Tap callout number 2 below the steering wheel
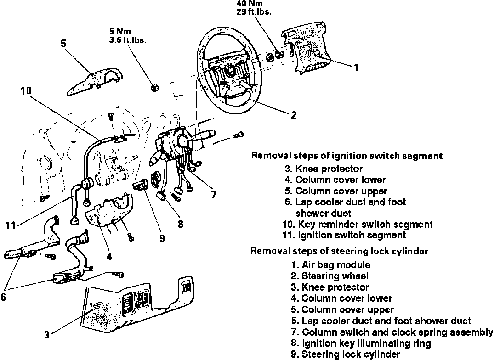coord(294,115)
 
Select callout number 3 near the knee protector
coord(46,335)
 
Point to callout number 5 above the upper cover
coord(63,44)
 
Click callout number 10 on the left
coord(26,91)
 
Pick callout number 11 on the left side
coord(11,225)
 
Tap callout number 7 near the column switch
coord(213,194)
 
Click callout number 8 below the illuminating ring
coord(180,224)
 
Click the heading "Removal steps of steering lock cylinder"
coord(339,251)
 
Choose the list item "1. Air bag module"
coord(330,264)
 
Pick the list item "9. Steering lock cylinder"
coord(346,354)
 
